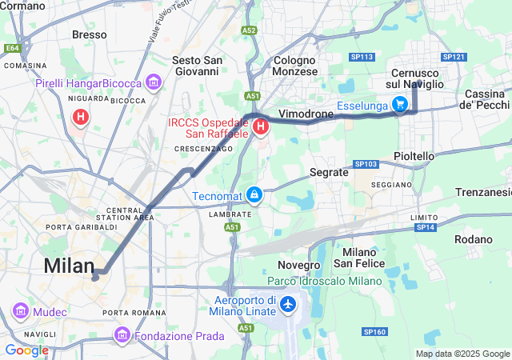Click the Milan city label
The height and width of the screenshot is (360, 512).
click(69, 265)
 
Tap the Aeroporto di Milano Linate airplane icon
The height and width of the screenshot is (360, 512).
click(288, 304)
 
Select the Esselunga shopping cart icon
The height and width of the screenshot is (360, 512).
click(399, 104)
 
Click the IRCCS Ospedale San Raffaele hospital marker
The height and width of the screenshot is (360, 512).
click(260, 126)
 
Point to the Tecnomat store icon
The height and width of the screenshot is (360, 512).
click(254, 194)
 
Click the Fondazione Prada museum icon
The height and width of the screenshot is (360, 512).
click(122, 334)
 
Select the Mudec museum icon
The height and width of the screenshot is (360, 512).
click(19, 310)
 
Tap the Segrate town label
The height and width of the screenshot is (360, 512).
click(330, 172)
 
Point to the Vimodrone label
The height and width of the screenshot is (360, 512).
click(306, 114)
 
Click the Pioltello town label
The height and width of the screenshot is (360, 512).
click(414, 156)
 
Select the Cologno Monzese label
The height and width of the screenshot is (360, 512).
click(295, 65)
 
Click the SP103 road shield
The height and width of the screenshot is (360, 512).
click(365, 164)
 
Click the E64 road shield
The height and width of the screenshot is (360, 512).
click(12, 48)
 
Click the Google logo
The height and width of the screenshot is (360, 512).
click(26, 350)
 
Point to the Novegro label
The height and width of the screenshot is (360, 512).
click(298, 264)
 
